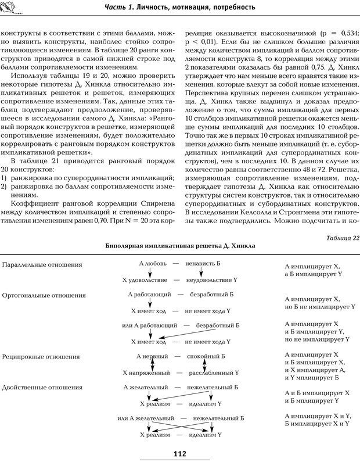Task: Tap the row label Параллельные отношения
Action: coord(42,264)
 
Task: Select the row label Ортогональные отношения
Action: coord(44,296)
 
